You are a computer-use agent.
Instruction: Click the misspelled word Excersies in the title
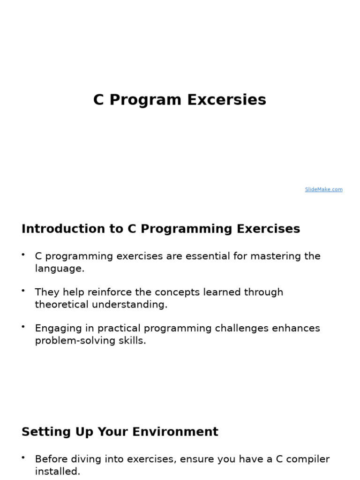click(226, 100)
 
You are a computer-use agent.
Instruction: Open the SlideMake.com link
click(323, 189)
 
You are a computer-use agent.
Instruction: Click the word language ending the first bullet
click(59, 269)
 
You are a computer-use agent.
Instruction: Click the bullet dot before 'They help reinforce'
click(23, 291)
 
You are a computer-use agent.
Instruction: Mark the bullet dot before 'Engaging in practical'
click(23, 327)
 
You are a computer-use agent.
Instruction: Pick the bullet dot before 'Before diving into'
click(23, 457)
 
